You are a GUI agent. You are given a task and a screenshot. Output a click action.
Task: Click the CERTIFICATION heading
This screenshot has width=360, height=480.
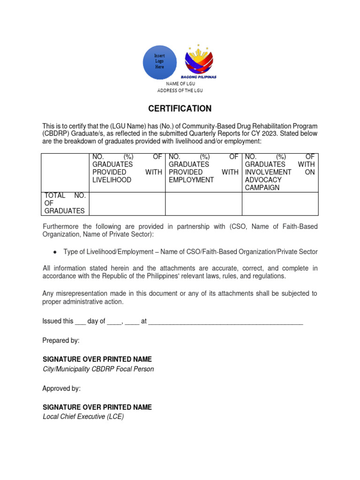click(x=180, y=109)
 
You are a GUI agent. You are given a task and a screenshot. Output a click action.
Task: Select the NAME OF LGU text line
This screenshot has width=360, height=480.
click(x=180, y=83)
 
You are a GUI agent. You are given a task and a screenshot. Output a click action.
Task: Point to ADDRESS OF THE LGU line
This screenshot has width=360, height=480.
click(x=180, y=90)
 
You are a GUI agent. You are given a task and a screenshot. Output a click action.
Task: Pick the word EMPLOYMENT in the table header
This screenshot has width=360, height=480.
click(x=191, y=180)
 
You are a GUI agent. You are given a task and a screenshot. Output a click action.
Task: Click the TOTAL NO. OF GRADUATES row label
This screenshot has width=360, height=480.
click(x=65, y=203)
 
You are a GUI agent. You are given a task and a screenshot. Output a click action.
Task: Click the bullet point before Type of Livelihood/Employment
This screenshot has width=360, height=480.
click(x=55, y=252)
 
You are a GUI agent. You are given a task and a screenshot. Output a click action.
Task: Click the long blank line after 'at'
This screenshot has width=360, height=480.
click(x=225, y=322)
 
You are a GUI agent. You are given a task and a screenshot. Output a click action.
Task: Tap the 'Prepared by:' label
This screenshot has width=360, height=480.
click(x=61, y=340)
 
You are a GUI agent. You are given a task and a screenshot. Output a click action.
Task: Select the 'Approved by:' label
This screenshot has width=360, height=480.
click(x=61, y=389)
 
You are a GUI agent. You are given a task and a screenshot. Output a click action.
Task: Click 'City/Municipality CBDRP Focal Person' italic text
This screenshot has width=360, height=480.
click(x=98, y=369)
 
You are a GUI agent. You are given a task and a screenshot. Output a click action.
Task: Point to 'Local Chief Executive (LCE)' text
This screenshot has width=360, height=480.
click(x=83, y=417)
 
